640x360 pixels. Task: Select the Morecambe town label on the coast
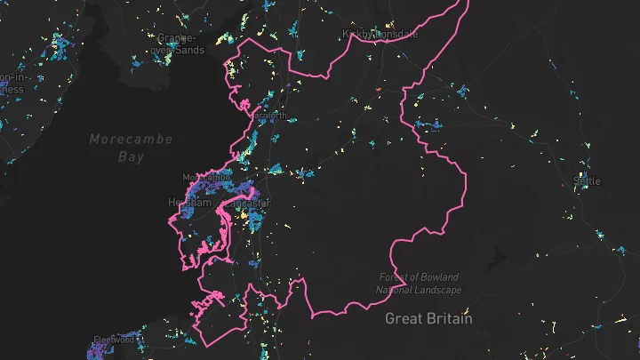206,178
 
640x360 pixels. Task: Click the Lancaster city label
248,203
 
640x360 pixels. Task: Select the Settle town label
587,180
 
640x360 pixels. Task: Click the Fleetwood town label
114,340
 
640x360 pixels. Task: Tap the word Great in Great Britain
403,317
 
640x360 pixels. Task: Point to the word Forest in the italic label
395,277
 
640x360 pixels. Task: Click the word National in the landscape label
397,290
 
